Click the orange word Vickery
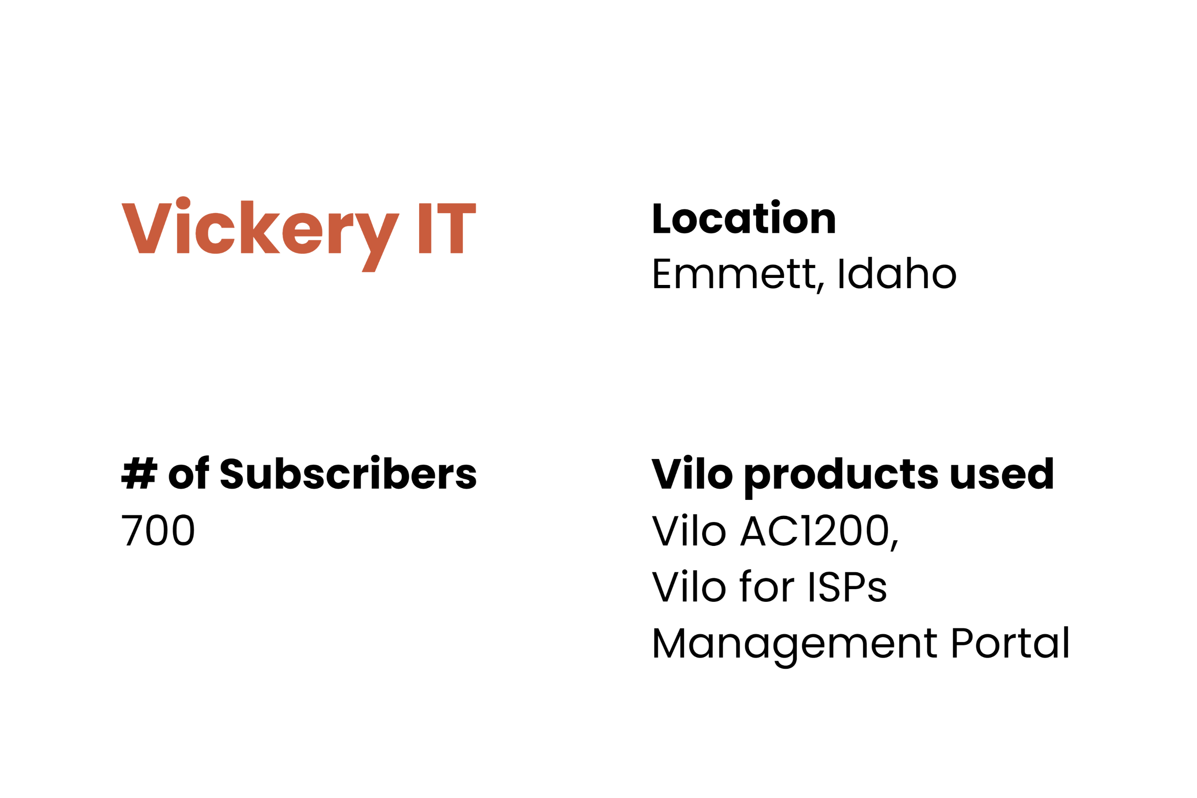(x=261, y=234)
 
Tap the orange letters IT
(x=447, y=228)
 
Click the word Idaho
(x=898, y=273)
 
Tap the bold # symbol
(x=139, y=473)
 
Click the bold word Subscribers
(x=348, y=472)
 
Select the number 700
(x=158, y=530)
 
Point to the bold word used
(x=1002, y=473)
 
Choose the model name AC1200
(x=815, y=530)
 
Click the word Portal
(x=1010, y=642)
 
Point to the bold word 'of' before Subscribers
(x=188, y=472)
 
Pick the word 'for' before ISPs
(x=767, y=586)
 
